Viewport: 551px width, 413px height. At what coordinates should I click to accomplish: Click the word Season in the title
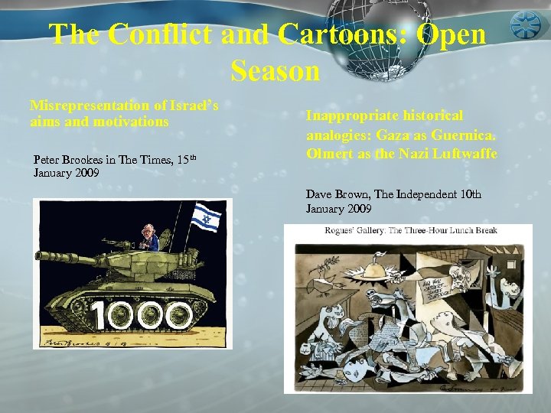[275, 70]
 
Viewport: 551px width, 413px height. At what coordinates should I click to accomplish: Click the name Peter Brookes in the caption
[67, 159]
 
